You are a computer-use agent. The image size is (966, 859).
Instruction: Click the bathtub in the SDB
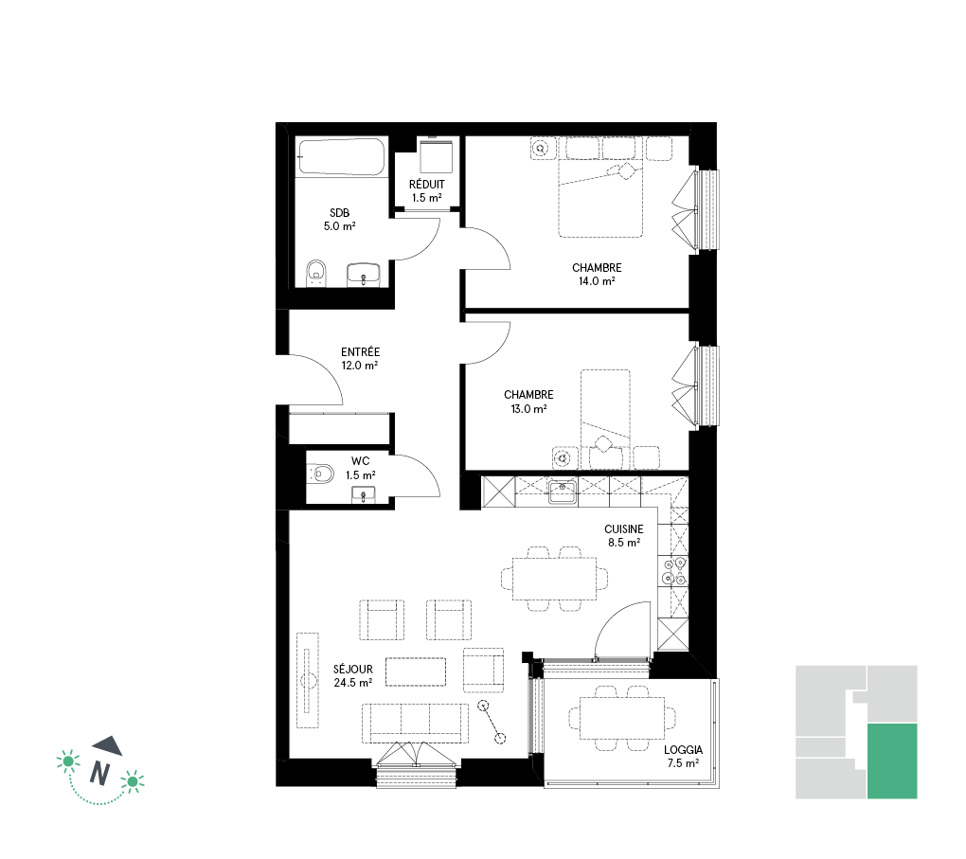pos(341,157)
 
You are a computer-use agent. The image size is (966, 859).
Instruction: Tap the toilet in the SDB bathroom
pos(316,273)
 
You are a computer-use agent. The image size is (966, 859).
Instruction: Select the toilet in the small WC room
pos(320,474)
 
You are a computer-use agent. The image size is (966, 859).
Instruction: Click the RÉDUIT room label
pos(426,185)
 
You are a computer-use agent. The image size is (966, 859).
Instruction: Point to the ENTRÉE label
pos(361,352)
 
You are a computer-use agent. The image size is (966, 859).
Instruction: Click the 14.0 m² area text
pos(597,281)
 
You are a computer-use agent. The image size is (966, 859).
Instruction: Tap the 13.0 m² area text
pos(528,408)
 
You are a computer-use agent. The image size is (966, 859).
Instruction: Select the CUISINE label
pos(623,528)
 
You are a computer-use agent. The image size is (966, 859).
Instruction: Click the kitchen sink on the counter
pos(563,492)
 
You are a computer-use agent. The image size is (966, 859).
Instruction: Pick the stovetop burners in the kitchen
pos(672,570)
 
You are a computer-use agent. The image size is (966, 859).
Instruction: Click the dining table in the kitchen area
pos(554,578)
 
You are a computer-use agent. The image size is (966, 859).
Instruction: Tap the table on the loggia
pos(622,718)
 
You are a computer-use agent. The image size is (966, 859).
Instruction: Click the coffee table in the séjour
pos(416,671)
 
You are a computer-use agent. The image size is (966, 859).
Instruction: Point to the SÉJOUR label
pos(353,669)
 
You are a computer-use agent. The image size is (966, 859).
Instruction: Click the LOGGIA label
pos(683,750)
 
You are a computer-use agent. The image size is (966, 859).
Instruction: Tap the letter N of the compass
pos(99,774)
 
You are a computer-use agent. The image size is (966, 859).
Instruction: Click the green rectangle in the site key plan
pos(892,761)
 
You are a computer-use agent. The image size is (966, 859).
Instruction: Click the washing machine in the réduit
pos(437,156)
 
